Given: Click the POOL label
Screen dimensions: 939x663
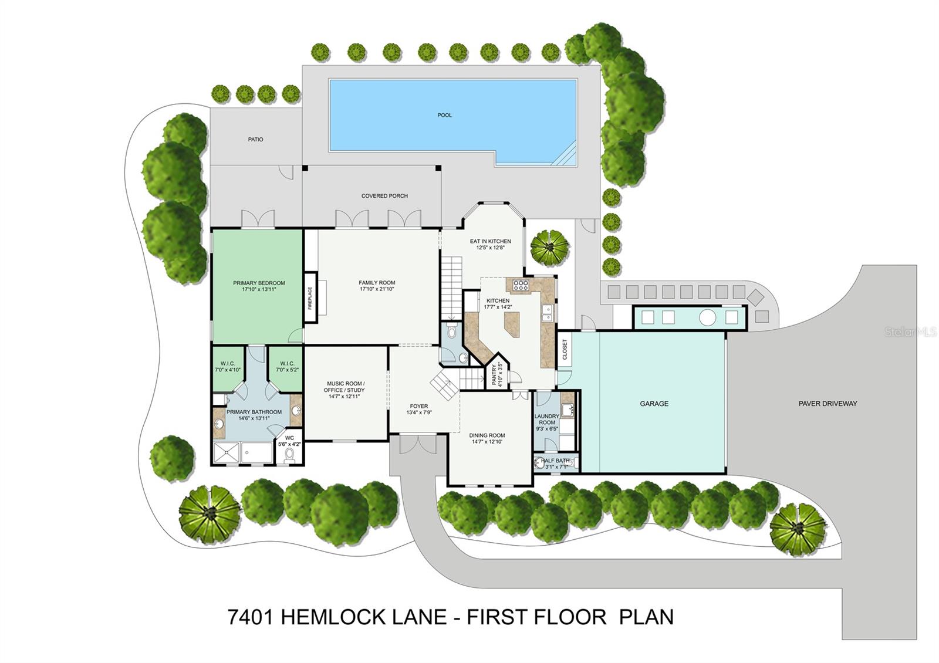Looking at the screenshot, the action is [x=444, y=115].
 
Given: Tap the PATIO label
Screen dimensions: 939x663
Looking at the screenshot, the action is [x=255, y=139].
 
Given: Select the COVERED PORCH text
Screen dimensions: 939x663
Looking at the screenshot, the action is [x=384, y=196].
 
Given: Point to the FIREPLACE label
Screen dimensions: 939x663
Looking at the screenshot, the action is [x=310, y=298].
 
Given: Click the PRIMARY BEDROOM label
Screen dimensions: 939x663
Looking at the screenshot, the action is [x=259, y=283].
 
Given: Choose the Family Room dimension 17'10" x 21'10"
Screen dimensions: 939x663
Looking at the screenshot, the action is [x=377, y=289].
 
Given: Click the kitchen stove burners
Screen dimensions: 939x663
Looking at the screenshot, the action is [x=521, y=285].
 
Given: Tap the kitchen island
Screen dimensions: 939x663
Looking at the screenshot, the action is [x=512, y=324].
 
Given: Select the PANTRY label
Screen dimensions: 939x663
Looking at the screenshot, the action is [x=494, y=375].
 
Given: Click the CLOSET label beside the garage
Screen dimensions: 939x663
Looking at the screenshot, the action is [x=564, y=349].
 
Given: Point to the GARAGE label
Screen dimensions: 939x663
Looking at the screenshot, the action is [x=654, y=404].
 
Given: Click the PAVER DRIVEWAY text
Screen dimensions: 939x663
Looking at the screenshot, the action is [x=827, y=404].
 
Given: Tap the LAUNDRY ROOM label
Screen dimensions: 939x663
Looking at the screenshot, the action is [x=547, y=419].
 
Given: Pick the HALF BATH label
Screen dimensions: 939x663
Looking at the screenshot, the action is [x=555, y=460].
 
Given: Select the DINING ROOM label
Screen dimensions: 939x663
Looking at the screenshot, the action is [x=487, y=435].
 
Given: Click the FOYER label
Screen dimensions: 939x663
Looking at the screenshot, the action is [x=419, y=405].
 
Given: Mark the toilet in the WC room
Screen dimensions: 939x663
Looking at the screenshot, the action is [x=289, y=456].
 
